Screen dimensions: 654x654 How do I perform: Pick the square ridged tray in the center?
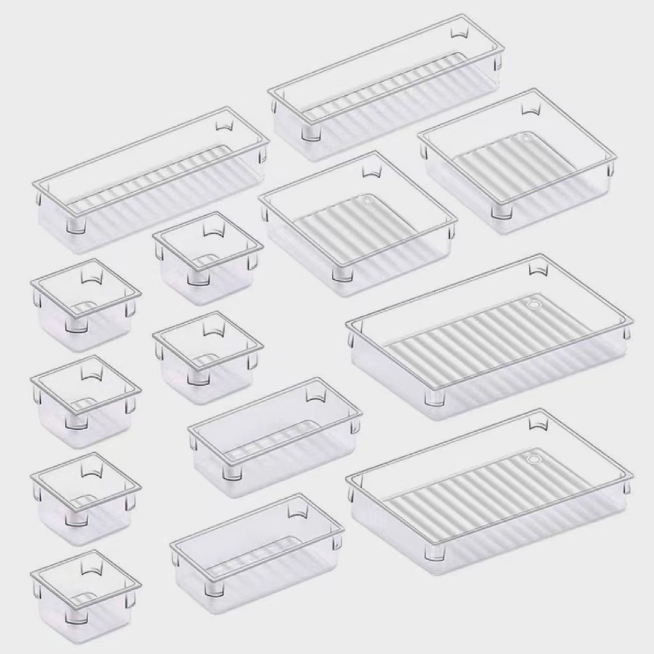pos(358,224)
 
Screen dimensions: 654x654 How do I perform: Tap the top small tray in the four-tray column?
pos(86,304)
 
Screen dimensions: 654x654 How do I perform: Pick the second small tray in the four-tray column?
pos(86,401)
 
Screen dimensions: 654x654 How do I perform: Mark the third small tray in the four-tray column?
pos(86,498)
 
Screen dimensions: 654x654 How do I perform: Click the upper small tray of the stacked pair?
pos(208,257)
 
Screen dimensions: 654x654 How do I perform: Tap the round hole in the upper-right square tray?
pos(526,137)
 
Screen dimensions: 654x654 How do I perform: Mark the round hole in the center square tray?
pos(367,201)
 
